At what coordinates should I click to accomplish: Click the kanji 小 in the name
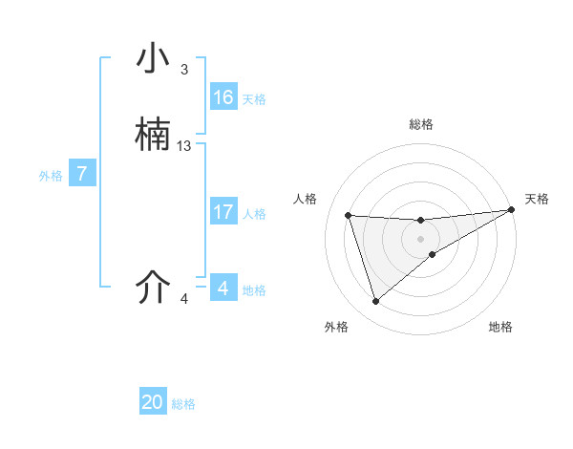coord(153,60)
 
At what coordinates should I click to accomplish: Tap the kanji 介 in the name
coord(153,288)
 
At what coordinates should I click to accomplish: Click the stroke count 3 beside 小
coord(183,70)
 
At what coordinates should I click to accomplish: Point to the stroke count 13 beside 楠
coord(184,146)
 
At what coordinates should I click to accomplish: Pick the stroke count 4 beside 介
coord(184,299)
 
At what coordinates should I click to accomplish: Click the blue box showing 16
coord(223,97)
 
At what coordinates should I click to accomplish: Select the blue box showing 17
coord(223,212)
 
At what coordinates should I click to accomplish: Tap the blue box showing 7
coord(82,174)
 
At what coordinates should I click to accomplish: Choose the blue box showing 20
coord(153,402)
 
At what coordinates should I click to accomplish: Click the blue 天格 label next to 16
coord(254,99)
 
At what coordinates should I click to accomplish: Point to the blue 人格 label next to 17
coord(254,214)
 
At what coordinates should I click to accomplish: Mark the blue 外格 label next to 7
coord(51,176)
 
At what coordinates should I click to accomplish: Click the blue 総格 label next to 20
coord(183,404)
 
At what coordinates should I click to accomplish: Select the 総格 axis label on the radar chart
coord(421,124)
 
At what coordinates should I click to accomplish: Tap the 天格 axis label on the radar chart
coord(537,199)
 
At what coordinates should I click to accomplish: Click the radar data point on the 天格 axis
coord(512,210)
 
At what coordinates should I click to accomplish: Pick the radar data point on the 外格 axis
coord(375,302)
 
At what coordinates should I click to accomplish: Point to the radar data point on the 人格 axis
coord(349,215)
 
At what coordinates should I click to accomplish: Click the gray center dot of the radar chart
coord(421,239)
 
